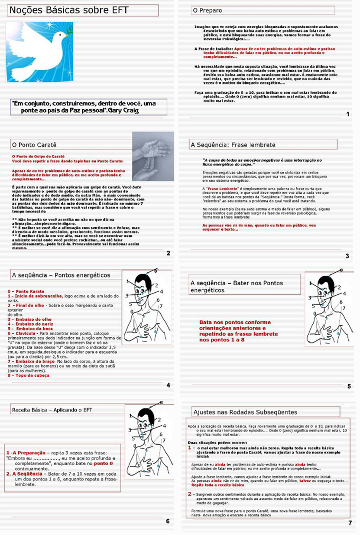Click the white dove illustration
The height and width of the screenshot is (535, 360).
pyautogui.click(x=39, y=52)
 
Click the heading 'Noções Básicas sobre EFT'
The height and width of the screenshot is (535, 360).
pyautogui.click(x=69, y=10)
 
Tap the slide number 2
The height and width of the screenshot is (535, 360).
pyautogui.click(x=169, y=253)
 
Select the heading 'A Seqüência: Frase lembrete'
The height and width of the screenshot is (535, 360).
pyautogui.click(x=233, y=145)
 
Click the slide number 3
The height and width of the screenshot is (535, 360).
pyautogui.click(x=347, y=256)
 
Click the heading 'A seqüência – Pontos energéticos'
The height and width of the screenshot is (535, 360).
pyautogui.click(x=61, y=275)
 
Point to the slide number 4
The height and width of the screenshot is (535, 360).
pyautogui.click(x=169, y=385)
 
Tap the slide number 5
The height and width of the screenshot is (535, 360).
pyautogui.click(x=349, y=386)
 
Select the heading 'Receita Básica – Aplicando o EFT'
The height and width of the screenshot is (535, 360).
pyautogui.click(x=52, y=409)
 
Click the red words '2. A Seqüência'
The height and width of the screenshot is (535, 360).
pyautogui.click(x=24, y=474)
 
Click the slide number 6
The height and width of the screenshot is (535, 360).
pyautogui.click(x=168, y=521)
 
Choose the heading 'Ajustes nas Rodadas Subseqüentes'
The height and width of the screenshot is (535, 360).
pyautogui.click(x=245, y=412)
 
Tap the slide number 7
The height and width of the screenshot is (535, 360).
pyautogui.click(x=350, y=523)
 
